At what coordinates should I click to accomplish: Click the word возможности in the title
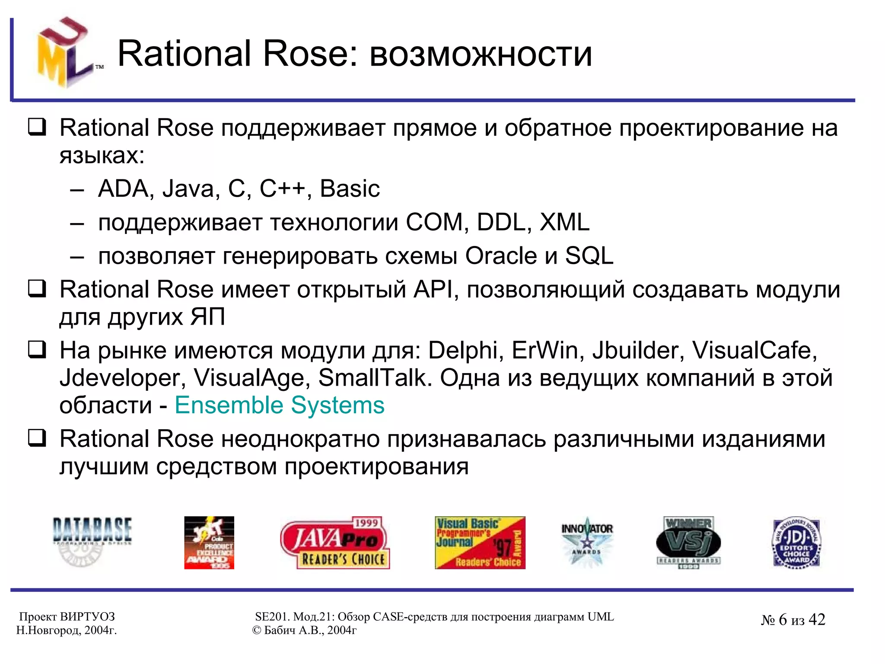point(481,54)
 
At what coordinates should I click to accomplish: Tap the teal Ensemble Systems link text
point(279,405)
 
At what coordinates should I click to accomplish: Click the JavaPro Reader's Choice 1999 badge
point(335,543)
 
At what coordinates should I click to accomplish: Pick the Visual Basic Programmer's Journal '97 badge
point(480,543)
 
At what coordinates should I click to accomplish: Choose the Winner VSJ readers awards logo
point(688,543)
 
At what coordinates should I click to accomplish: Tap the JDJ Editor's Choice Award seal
point(796,543)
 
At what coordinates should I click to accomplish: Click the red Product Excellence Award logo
point(209,543)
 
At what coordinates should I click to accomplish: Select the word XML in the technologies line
point(564,222)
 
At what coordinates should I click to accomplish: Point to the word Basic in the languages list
point(350,189)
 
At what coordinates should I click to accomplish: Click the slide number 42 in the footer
point(816,619)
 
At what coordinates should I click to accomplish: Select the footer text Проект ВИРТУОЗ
point(67,616)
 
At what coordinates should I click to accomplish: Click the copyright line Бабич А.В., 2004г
point(304,630)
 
